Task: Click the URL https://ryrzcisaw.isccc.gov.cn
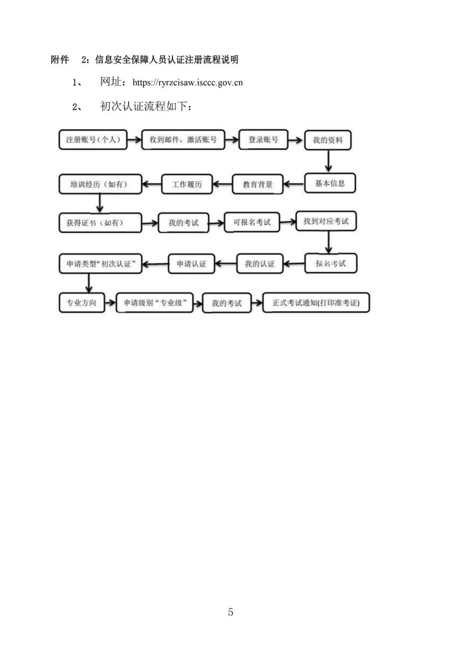(188, 83)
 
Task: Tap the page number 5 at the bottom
(230, 612)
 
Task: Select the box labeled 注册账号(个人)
(93, 140)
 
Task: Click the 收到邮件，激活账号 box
(183, 140)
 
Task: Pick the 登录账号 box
(263, 140)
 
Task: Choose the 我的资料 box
(327, 140)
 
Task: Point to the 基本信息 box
(330, 183)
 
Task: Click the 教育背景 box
(258, 185)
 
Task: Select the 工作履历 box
(187, 185)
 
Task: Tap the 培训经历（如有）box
(101, 185)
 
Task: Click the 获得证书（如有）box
(100, 223)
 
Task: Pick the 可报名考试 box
(252, 222)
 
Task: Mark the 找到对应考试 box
(326, 221)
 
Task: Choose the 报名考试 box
(331, 264)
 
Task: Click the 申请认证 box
(191, 264)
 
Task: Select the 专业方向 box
(82, 303)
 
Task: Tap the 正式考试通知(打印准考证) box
(316, 303)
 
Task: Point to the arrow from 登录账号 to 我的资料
(295, 140)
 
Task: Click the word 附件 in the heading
(60, 60)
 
